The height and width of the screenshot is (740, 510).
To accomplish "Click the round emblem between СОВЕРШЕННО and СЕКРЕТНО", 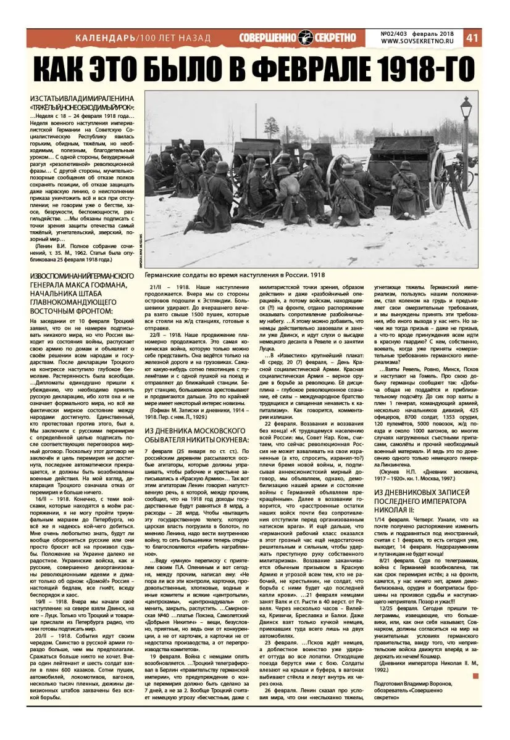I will (307, 38).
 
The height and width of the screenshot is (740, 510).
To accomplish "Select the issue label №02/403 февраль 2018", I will (420, 33).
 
